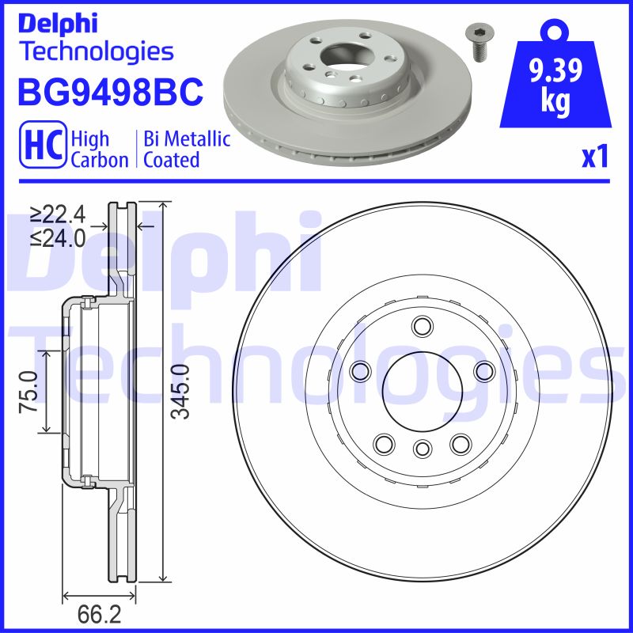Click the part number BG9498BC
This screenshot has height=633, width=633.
point(111,92)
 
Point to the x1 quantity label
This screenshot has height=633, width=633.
point(594,157)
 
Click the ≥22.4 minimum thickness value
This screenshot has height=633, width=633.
point(58,214)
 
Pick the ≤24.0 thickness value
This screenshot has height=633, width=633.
point(58,237)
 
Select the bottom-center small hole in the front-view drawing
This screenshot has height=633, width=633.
point(421,449)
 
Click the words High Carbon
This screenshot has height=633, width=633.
point(99,150)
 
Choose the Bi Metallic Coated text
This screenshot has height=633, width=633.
point(187,150)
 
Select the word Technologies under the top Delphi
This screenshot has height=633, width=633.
point(96,51)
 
